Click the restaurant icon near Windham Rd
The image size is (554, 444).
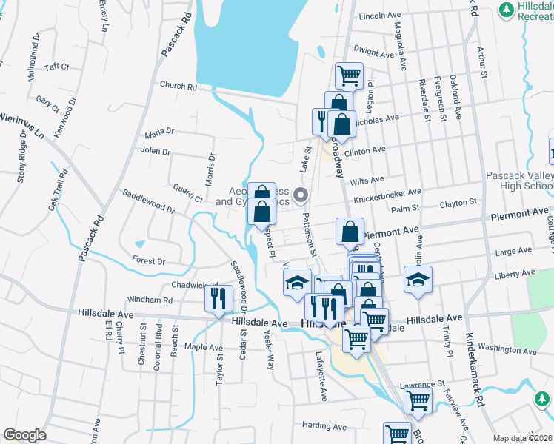click(x=217, y=299)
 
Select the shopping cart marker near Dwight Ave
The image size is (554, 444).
click(x=349, y=75)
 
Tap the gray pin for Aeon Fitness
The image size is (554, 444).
click(x=301, y=195)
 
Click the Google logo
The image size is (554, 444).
click(x=24, y=435)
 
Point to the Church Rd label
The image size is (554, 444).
click(x=181, y=87)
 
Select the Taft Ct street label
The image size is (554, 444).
click(x=56, y=67)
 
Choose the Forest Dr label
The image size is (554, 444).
click(x=148, y=260)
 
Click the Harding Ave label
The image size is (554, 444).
click(x=324, y=426)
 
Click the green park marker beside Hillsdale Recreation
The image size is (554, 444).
click(x=507, y=10)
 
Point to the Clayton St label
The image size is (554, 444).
click(x=458, y=203)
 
